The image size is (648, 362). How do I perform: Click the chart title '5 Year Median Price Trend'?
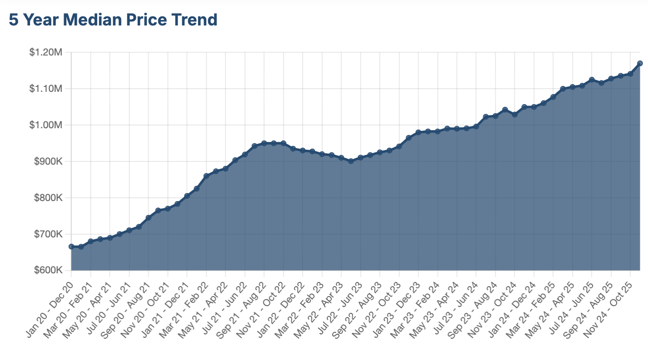click(113, 20)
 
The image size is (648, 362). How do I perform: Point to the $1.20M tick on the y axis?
click(45, 52)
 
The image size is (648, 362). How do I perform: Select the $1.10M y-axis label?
click(45, 89)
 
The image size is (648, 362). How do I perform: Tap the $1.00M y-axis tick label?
click(45, 125)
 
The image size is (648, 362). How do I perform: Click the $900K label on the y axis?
click(47, 161)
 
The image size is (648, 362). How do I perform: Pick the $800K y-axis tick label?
click(47, 198)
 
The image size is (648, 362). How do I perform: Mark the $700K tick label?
click(47, 234)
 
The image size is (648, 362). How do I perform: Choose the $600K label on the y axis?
click(47, 271)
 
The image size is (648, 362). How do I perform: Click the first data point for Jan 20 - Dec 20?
click(71, 246)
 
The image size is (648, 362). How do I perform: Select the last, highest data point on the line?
click(640, 63)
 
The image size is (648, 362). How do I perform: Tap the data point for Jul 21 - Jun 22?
click(245, 155)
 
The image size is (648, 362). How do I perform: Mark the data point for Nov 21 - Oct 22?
click(284, 143)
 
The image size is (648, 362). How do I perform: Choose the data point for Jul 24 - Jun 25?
click(592, 80)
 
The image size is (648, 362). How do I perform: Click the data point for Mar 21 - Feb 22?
click(206, 176)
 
